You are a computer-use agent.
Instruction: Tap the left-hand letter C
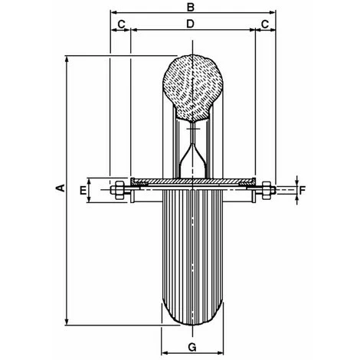[x=120, y=25]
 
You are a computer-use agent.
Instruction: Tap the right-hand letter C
[x=264, y=25]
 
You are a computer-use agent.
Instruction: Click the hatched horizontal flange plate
[x=192, y=182]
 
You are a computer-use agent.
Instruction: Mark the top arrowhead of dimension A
[x=70, y=58]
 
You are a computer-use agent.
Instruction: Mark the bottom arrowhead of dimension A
[x=70, y=322]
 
